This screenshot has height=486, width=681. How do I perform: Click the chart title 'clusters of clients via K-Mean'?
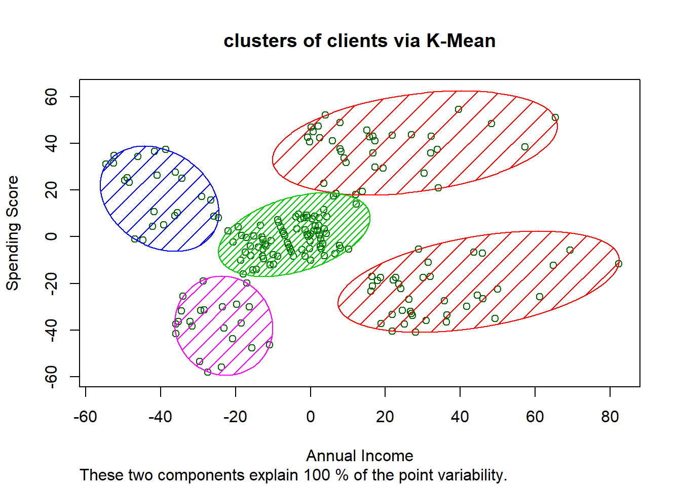point(359,41)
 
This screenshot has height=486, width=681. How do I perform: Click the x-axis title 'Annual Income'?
point(359,456)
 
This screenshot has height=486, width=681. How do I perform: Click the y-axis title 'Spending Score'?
point(12,233)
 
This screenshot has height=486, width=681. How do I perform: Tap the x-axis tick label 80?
point(610,417)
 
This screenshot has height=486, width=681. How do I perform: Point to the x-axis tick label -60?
point(85,417)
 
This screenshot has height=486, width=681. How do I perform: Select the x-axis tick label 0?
point(310,417)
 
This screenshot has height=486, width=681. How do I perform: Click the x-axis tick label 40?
point(460,417)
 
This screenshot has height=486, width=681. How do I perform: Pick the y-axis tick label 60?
point(51,97)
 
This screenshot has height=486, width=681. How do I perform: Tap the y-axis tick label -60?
point(51,376)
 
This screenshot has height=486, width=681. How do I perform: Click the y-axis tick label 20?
point(51,190)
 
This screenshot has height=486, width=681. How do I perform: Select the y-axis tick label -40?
point(51,330)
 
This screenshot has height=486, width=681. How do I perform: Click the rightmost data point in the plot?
point(618,264)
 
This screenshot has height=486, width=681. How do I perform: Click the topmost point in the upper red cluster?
point(459,109)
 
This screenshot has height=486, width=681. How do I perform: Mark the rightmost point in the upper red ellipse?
point(555,117)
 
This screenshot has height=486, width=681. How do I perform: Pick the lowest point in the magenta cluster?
point(208,372)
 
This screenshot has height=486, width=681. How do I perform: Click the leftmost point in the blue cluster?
point(106,164)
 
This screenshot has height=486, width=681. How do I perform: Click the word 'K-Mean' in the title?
point(461,41)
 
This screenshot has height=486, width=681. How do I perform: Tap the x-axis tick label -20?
point(235,417)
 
